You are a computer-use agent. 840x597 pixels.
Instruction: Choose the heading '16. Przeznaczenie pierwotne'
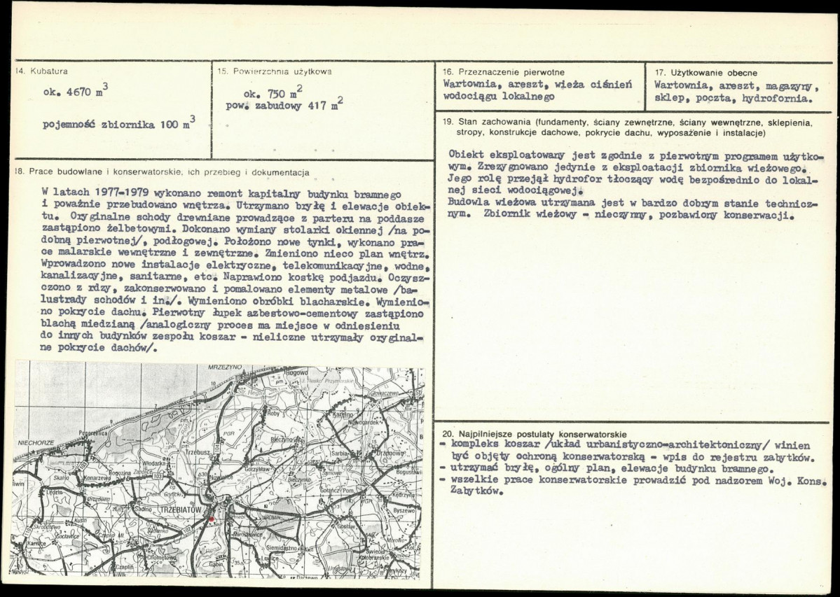tap(504, 72)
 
